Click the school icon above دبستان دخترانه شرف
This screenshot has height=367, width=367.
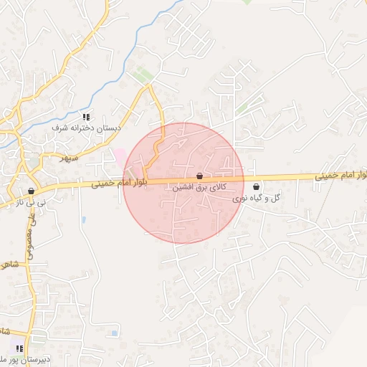(86, 117)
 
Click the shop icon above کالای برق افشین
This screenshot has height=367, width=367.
(199, 176)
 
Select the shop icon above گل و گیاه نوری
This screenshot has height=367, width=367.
(256, 186)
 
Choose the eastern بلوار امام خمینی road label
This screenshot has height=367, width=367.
(340, 174)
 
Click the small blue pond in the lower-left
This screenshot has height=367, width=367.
(114, 333)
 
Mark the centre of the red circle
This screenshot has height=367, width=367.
(184, 183)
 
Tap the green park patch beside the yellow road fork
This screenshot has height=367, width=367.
(143, 75)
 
